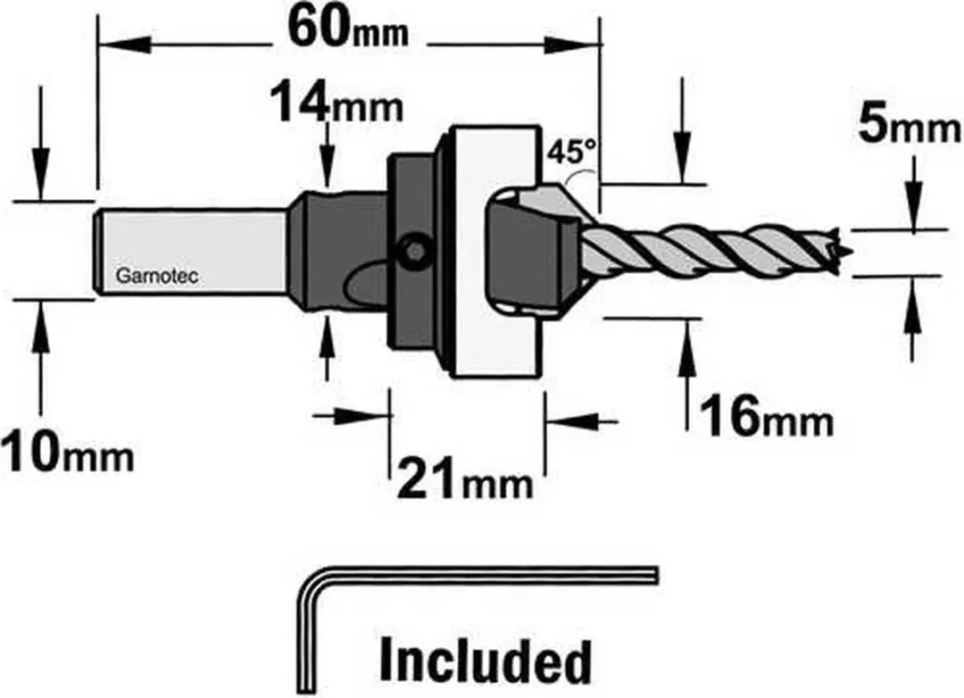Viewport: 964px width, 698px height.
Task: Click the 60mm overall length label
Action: coord(349,28)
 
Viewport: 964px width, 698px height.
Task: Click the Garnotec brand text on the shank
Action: coord(157,276)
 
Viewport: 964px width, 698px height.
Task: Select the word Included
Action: coord(486,661)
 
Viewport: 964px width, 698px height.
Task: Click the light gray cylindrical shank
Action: coord(192,252)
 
